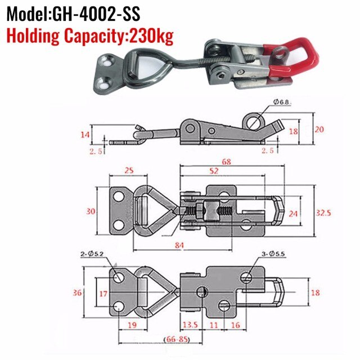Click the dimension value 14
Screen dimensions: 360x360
84,134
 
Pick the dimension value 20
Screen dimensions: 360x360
319,129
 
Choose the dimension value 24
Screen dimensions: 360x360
292,214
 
